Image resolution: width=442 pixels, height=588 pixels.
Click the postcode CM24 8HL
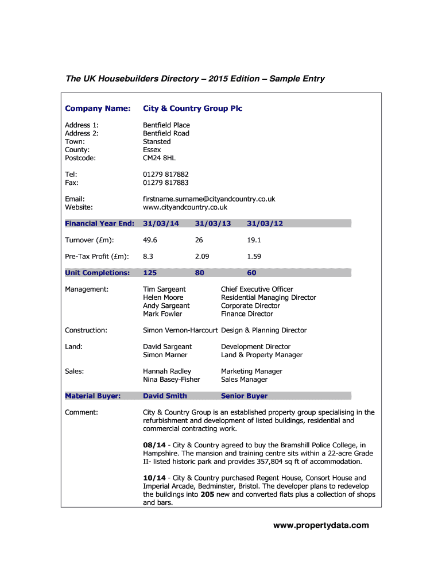coord(159,158)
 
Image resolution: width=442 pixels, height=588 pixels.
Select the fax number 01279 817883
coord(165,183)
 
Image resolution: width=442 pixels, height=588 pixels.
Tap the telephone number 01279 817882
coord(165,175)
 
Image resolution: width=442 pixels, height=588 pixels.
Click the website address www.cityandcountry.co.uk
coord(185,207)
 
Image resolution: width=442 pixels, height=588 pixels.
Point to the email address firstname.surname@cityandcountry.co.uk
coord(209,199)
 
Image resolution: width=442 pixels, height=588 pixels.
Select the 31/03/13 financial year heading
coord(212,223)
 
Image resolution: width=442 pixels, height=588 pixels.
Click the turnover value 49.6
coord(150,240)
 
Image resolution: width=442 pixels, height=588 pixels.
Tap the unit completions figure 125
coord(150,273)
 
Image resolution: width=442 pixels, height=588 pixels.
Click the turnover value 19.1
coord(254,240)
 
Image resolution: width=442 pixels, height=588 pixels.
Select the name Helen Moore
coord(163,297)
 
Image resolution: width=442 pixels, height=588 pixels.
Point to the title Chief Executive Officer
coord(257,289)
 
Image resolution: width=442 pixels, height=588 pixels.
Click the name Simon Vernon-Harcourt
coord(180,330)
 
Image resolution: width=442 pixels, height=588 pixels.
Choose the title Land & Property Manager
coord(261,355)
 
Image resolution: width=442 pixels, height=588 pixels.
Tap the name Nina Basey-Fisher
coord(171,380)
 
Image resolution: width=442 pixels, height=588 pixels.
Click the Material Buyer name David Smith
coord(165,396)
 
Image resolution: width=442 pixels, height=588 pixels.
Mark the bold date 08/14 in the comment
coord(154,445)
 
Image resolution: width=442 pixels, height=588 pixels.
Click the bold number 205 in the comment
coord(207,494)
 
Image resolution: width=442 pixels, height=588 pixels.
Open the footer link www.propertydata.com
coord(321,525)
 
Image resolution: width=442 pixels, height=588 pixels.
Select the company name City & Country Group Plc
coord(192,109)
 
